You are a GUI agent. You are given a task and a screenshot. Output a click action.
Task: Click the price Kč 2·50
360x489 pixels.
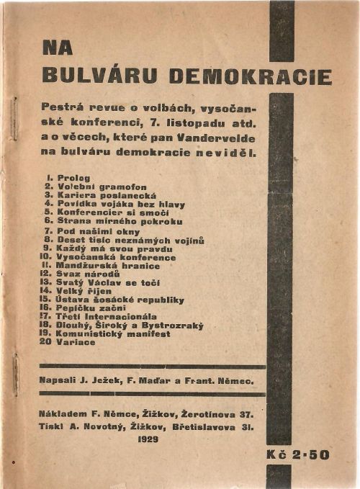tap(296, 455)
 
